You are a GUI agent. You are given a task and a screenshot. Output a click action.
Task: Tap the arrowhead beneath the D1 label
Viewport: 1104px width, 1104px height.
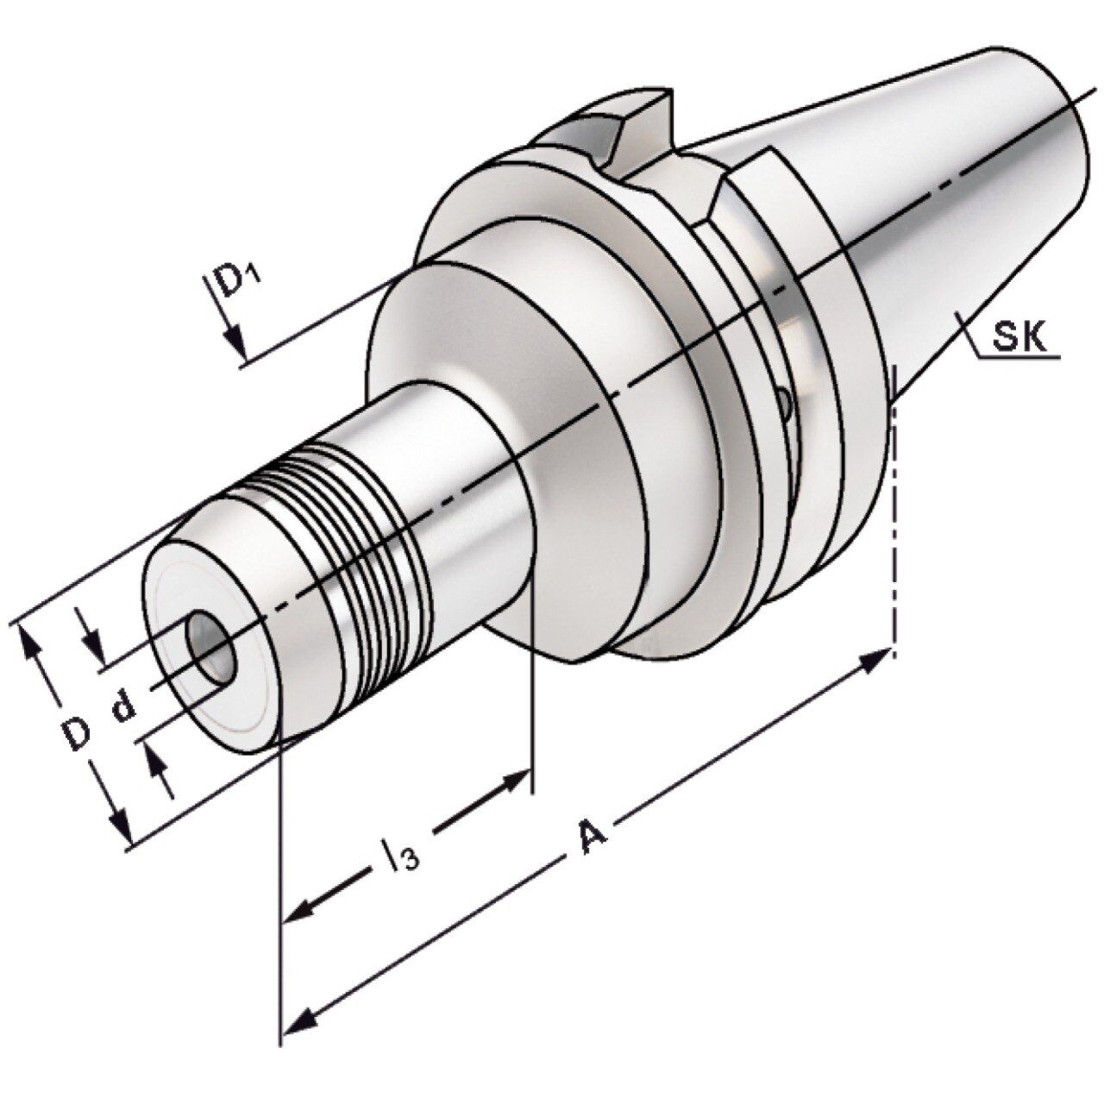[236, 342]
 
